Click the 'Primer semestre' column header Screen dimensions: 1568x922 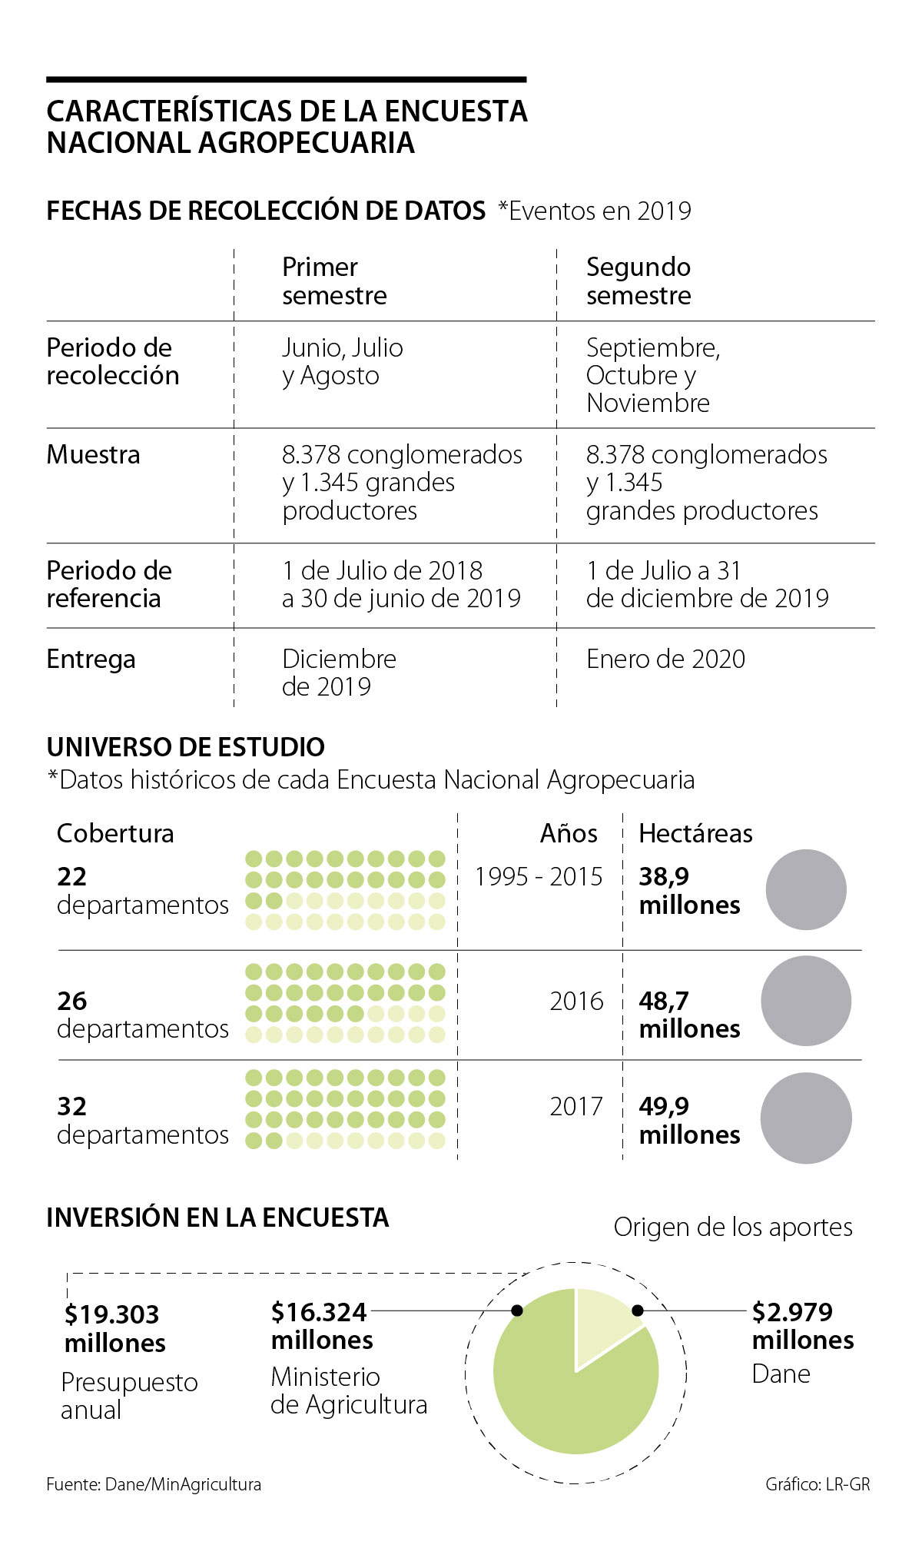pyautogui.click(x=334, y=281)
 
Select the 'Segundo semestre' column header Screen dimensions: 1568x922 pyautogui.click(x=638, y=281)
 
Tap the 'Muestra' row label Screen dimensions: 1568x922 pyautogui.click(x=93, y=454)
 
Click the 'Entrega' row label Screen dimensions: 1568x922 pyautogui.click(x=91, y=659)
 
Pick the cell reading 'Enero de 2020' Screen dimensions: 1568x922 pyautogui.click(x=665, y=659)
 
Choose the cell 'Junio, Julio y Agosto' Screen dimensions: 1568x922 pyautogui.click(x=342, y=361)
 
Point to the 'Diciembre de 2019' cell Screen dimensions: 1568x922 pyautogui.click(x=339, y=673)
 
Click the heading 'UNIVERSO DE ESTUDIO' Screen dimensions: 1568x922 pyautogui.click(x=185, y=747)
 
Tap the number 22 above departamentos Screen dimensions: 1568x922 pyautogui.click(x=71, y=876)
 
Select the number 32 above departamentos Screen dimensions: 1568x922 pyautogui.click(x=71, y=1106)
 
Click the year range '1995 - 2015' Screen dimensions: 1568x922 pyautogui.click(x=539, y=876)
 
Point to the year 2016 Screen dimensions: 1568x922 pyautogui.click(x=576, y=1001)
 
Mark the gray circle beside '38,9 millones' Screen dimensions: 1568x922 pyautogui.click(x=806, y=889)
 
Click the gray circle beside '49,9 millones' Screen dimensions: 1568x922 pyautogui.click(x=806, y=1118)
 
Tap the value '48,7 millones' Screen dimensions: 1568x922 pyautogui.click(x=689, y=1015)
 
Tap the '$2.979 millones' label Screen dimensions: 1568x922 pyautogui.click(x=802, y=1325)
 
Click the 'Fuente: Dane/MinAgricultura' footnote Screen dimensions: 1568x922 pyautogui.click(x=154, y=1484)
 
